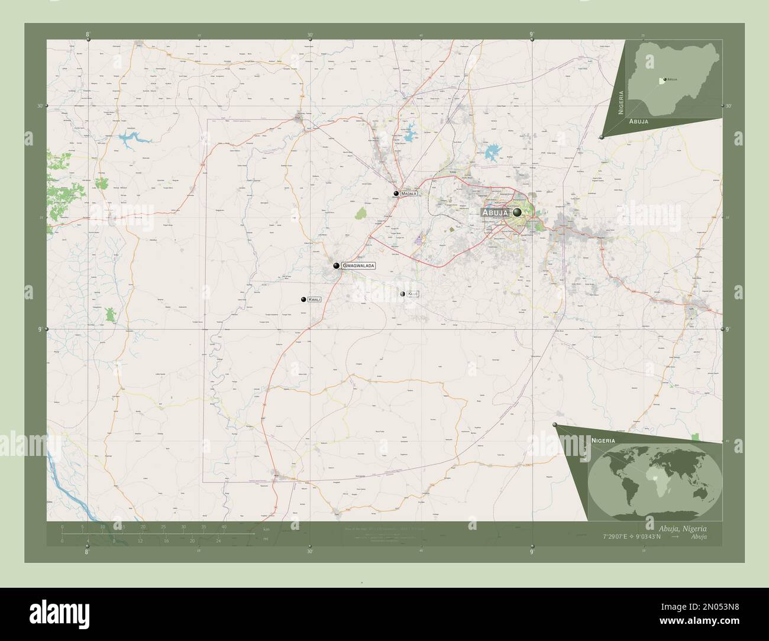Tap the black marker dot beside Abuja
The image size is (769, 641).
click(518, 212)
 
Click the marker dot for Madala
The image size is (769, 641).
click(396, 193)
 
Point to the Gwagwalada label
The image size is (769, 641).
click(358, 266)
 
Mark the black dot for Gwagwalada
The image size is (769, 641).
click(336, 266)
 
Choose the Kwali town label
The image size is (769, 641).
click(314, 300)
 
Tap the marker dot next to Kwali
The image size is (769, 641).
click(303, 300)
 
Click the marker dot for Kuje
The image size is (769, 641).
click(402, 293)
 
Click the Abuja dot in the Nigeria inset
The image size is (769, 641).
click(665, 79)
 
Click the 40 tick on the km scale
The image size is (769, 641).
click(224, 526)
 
